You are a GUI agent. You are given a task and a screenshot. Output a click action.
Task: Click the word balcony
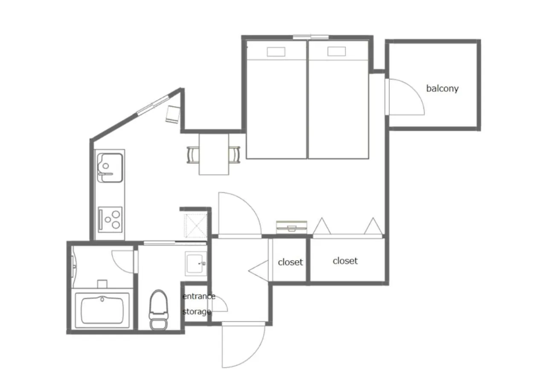point(442,88)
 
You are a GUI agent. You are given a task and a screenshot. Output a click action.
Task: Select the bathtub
point(102,310)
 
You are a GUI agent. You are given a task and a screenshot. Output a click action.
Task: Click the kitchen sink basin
point(110,168)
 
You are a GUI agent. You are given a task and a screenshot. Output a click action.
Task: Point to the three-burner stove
point(110,219)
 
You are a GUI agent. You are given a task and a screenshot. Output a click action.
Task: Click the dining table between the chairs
point(214,154)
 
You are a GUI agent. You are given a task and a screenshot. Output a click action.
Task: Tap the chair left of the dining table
point(192,154)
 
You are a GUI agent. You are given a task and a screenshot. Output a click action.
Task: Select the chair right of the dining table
point(235,154)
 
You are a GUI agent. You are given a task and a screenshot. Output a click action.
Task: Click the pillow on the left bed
point(276,52)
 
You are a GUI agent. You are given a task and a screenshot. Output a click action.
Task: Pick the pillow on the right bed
point(337,51)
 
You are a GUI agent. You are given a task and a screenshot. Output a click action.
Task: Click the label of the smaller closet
point(290,262)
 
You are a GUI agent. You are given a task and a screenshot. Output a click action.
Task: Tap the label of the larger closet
point(345,261)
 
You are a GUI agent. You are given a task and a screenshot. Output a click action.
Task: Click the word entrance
point(199,296)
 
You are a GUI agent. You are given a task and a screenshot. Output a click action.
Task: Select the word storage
point(197,311)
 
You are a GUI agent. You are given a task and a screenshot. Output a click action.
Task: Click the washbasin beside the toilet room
point(195,264)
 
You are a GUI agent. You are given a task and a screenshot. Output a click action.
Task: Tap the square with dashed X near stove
point(196,226)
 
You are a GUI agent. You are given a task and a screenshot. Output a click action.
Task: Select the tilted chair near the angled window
point(173,114)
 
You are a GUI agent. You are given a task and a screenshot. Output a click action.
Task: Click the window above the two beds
point(311,37)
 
